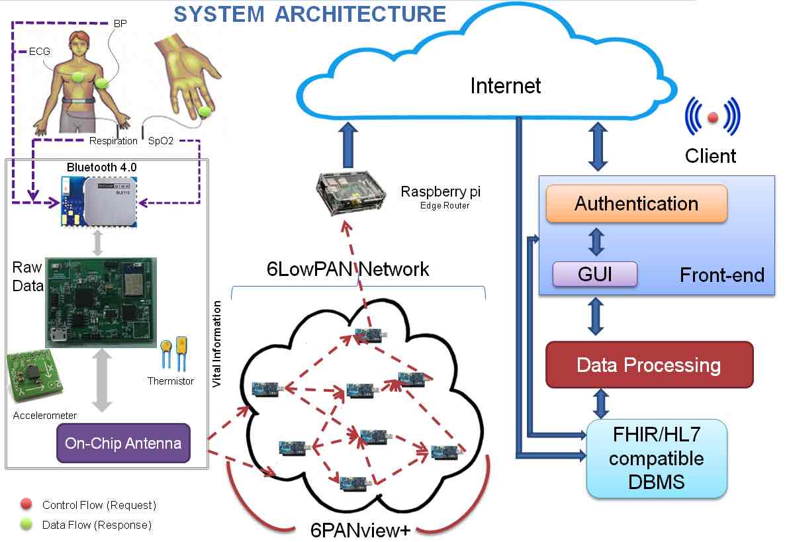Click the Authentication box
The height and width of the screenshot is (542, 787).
pos(636,203)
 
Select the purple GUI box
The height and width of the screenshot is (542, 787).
pos(595,274)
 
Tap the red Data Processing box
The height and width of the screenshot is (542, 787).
pos(649,365)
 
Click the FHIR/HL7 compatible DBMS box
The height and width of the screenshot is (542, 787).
pos(657,458)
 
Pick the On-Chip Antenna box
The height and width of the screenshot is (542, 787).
pos(123,443)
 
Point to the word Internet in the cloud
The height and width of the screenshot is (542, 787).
pos(506,85)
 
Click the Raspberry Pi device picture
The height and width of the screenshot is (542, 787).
pos(349,191)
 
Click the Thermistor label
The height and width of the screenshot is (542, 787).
pos(171,381)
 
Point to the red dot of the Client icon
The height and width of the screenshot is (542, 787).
pos(712,118)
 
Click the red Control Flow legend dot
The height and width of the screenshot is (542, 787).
pos(26,505)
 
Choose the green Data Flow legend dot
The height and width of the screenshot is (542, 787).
pos(26,525)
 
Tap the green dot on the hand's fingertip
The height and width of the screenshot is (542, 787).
pos(204,111)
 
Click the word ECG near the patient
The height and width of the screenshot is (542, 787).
pos(38,50)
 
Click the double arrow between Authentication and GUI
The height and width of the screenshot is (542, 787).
pos(596,242)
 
